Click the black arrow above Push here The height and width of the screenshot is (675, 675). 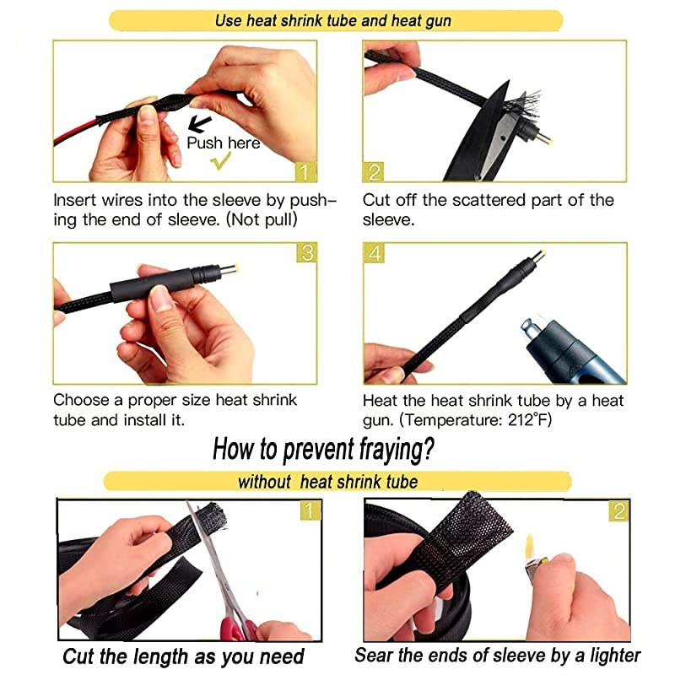tap(199, 124)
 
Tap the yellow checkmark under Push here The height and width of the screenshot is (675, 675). tap(222, 162)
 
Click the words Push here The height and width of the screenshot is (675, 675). tap(224, 143)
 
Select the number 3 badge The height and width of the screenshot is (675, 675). tap(307, 253)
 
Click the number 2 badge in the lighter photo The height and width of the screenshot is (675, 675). tap(619, 510)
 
